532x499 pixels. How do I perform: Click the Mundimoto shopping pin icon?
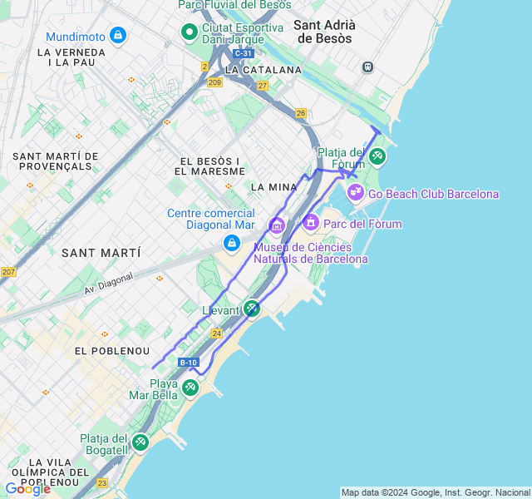pyautogui.click(x=118, y=36)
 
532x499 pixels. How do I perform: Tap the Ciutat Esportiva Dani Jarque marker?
pyautogui.click(x=190, y=33)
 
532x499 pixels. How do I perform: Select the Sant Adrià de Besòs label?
pyautogui.click(x=323, y=32)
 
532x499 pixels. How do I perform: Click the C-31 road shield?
pyautogui.click(x=243, y=53)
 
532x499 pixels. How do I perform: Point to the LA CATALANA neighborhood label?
pyautogui.click(x=263, y=70)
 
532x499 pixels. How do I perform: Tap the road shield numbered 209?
pyautogui.click(x=215, y=82)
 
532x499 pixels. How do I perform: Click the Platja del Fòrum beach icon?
pyautogui.click(x=377, y=156)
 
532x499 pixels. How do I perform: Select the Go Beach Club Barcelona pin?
pyautogui.click(x=356, y=193)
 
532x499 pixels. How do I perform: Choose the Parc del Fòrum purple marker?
pyautogui.click(x=311, y=223)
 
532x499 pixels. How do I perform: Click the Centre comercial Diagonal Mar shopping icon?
pyautogui.click(x=231, y=243)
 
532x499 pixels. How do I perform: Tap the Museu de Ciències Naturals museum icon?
pyautogui.click(x=276, y=225)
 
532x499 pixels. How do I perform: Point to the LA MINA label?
pyautogui.click(x=273, y=187)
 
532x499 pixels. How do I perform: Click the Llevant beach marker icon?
pyautogui.click(x=251, y=309)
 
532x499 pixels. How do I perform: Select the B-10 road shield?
pyautogui.click(x=189, y=363)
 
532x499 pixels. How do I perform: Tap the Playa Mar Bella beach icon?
pyautogui.click(x=190, y=388)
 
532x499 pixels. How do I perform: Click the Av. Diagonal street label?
pyautogui.click(x=108, y=284)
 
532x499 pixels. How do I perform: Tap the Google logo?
pyautogui.click(x=27, y=489)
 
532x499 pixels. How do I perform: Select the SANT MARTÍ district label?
pyautogui.click(x=101, y=252)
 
